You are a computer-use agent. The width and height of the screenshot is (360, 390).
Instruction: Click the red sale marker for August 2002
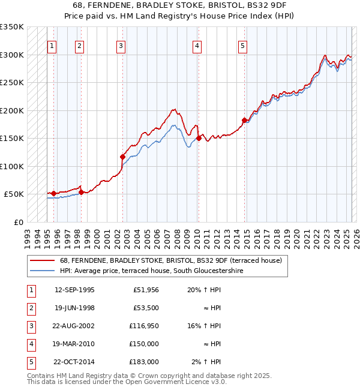point(122,157)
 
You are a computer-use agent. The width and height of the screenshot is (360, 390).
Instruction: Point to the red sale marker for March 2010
point(199,139)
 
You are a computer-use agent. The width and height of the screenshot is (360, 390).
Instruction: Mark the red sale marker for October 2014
point(244,120)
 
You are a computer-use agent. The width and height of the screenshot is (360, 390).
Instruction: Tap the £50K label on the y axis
point(14,194)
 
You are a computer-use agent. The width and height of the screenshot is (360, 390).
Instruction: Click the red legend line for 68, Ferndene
point(43,260)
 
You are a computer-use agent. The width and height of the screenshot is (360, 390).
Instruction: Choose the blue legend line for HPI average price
point(43,271)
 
